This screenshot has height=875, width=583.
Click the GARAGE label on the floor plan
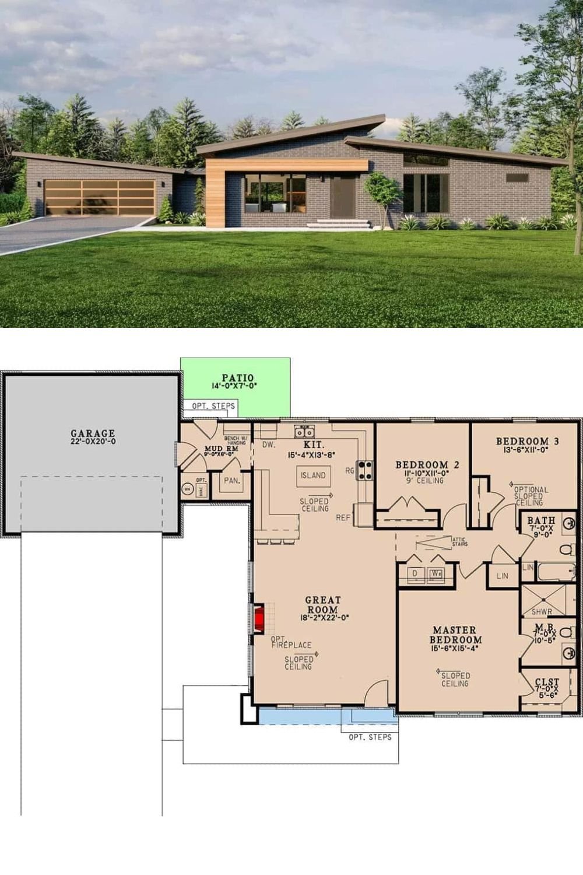(93, 433)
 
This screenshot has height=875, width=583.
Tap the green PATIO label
(237, 378)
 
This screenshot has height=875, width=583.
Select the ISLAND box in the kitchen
(313, 475)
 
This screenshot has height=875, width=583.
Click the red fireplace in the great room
(259, 619)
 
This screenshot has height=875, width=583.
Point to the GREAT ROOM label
(322, 605)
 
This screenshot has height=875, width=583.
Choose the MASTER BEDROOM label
(455, 635)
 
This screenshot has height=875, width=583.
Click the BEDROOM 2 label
(427, 465)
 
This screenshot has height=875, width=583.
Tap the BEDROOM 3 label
(527, 442)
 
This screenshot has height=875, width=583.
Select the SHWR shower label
(542, 612)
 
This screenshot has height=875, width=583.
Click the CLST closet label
(547, 682)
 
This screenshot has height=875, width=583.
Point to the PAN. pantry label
(232, 481)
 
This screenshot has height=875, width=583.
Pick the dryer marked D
(415, 573)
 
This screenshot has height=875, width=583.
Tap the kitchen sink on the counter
(304, 432)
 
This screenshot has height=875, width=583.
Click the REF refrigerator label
(343, 517)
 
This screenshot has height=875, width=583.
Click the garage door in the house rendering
(100, 198)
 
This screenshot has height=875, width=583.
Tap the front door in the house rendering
(342, 197)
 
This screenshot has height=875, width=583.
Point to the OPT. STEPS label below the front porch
(370, 737)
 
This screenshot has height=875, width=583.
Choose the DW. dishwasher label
(268, 445)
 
